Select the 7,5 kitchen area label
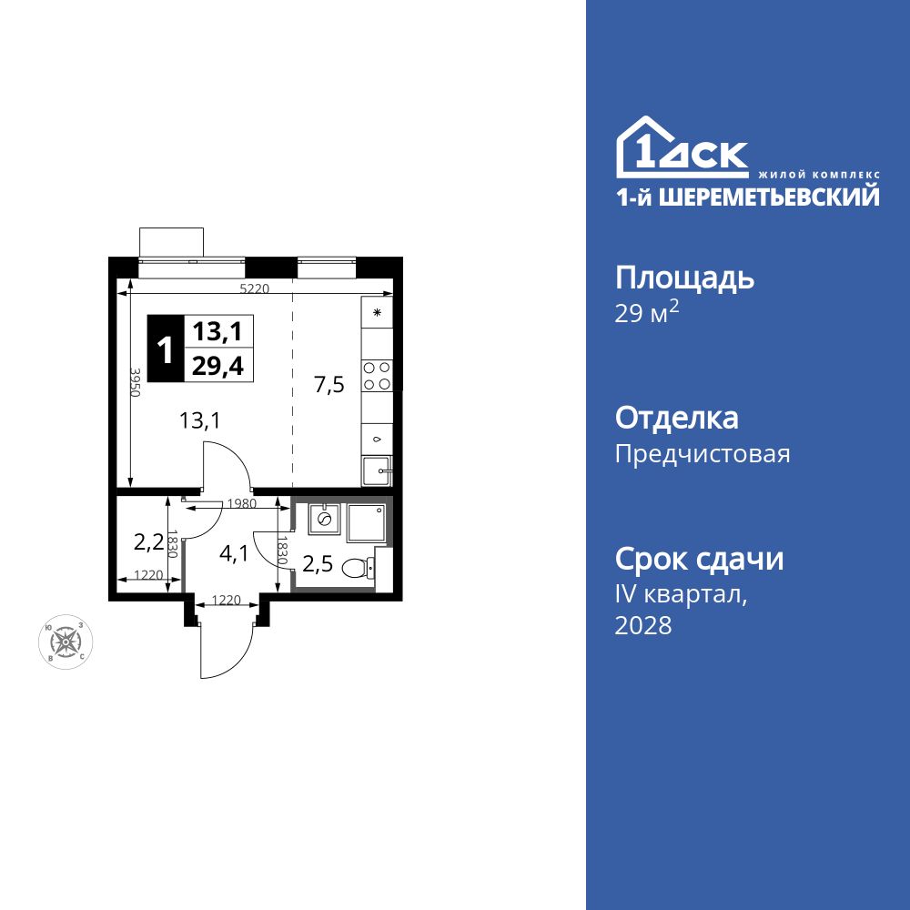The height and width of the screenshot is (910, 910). pyautogui.click(x=329, y=385)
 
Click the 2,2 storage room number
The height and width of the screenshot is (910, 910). pyautogui.click(x=147, y=543)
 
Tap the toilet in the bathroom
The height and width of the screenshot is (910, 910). pyautogui.click(x=359, y=569)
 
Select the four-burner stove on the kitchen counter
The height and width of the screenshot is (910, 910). pyautogui.click(x=377, y=376)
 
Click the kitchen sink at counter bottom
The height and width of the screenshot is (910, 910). pyautogui.click(x=376, y=471)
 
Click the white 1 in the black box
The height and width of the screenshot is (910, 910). pyautogui.click(x=165, y=349)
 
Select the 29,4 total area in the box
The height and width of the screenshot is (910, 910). pyautogui.click(x=218, y=365)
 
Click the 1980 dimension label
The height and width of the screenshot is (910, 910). pyautogui.click(x=241, y=502)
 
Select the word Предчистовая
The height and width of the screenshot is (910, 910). pyautogui.click(x=703, y=453)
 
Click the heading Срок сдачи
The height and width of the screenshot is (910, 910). pyautogui.click(x=699, y=558)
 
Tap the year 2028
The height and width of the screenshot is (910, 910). pyautogui.click(x=643, y=625)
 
